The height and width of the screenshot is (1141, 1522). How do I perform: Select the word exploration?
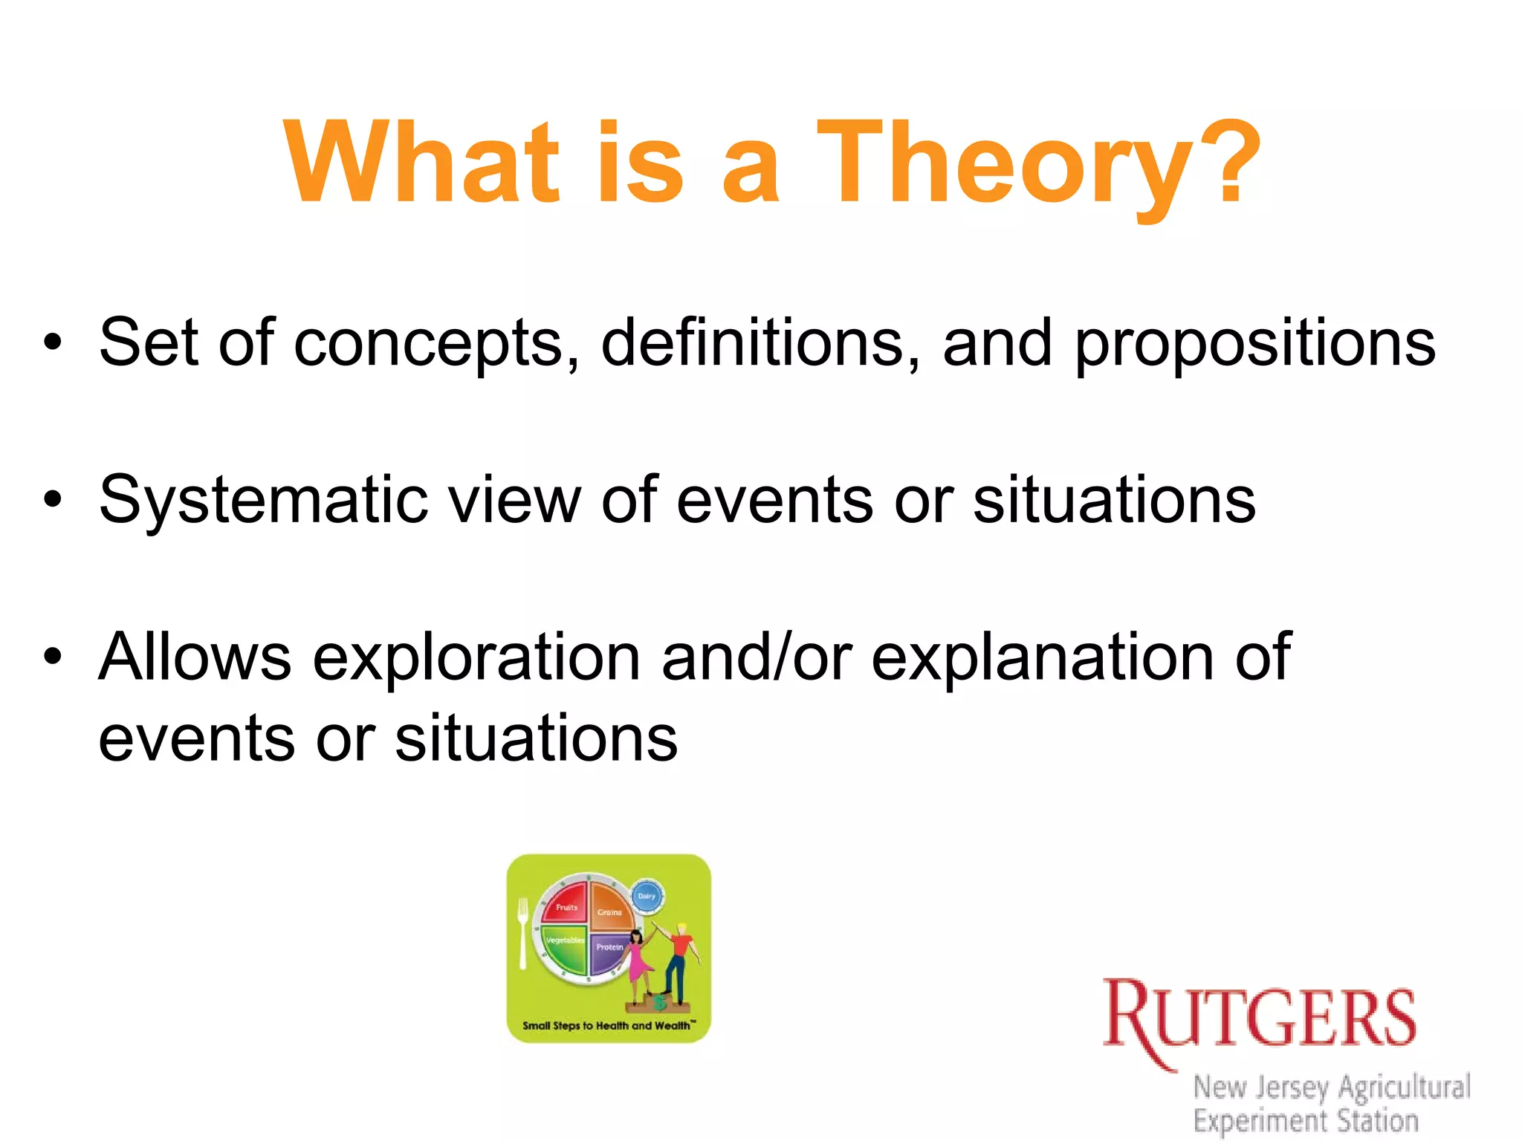coord(476,658)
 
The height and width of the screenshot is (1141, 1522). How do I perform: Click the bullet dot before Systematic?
coord(52,500)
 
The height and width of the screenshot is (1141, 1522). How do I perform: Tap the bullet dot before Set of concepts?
coord(52,342)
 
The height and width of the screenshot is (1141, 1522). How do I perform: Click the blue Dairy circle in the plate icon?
coord(647,897)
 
